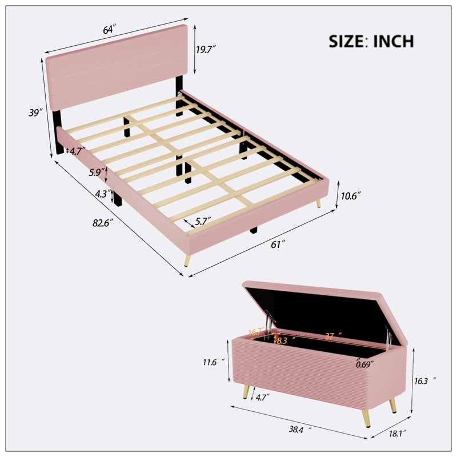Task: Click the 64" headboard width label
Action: coord(110,30)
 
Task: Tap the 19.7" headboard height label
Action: coord(206,50)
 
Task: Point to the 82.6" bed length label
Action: coord(103,223)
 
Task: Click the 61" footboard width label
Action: coord(278,244)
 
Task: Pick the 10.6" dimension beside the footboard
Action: coord(351,196)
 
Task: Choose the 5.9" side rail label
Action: coord(97,173)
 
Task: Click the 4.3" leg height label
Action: coord(103,194)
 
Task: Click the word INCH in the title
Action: coord(394,41)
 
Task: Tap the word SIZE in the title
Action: coord(346,41)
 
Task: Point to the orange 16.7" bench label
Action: coord(256,332)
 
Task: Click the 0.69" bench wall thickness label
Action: coord(365,364)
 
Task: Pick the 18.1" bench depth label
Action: coord(398,434)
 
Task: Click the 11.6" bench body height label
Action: coord(214,362)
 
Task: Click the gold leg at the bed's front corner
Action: coord(187,260)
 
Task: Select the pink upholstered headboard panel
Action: coord(117,67)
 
